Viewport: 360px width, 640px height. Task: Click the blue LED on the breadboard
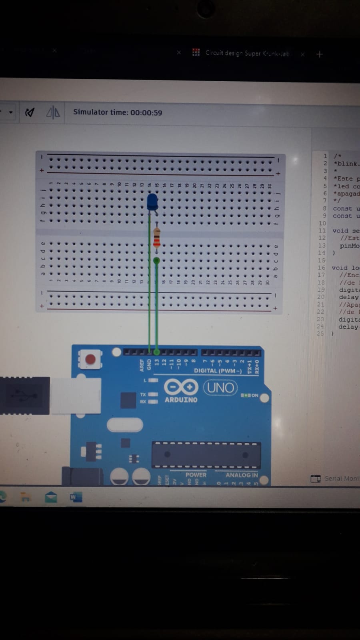coord(152,202)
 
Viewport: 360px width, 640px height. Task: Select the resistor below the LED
coord(157,237)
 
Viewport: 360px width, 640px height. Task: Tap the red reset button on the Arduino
coord(91,359)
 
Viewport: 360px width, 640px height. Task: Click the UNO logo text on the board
coord(220,387)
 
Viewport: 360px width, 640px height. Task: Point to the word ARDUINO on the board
coord(181,400)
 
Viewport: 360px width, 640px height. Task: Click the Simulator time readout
coord(118,112)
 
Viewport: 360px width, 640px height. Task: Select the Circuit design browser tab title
coord(246,53)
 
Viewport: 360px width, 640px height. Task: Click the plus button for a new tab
coord(319,54)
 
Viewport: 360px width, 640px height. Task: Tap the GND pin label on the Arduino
coord(149,365)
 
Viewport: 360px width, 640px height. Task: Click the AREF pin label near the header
coord(142,365)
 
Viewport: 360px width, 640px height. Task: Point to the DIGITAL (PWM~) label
coord(218,371)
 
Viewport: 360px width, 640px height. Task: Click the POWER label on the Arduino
coord(196,475)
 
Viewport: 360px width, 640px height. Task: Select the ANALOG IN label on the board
coord(242,475)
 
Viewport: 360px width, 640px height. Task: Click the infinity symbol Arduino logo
coord(181,387)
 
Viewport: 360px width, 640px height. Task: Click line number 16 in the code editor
coord(322,268)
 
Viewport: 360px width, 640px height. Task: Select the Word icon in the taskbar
coord(76,497)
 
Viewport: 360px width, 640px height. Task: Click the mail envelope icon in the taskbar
coord(51,497)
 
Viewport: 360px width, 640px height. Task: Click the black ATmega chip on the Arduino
coord(206,455)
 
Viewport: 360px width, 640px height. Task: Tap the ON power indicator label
coord(254,395)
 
